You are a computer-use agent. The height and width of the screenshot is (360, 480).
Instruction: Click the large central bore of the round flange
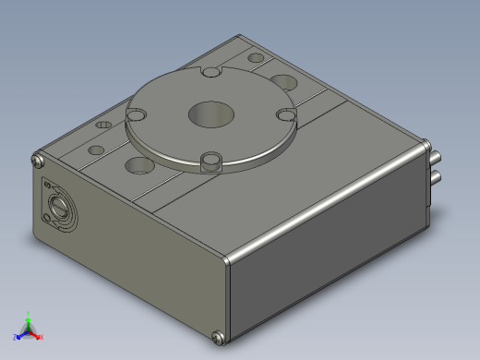[211, 114]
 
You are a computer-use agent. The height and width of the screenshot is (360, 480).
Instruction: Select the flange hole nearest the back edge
[211, 72]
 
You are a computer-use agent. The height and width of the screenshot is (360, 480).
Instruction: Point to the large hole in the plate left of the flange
[139, 166]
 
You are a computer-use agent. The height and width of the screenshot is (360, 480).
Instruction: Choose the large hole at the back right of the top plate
[283, 80]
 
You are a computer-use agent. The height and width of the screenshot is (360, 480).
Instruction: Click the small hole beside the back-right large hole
[256, 58]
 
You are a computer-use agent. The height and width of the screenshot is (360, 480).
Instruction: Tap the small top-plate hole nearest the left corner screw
[94, 150]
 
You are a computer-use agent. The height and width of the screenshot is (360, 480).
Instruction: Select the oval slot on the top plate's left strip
[103, 122]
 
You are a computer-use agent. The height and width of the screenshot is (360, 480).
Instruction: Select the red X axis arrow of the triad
[40, 337]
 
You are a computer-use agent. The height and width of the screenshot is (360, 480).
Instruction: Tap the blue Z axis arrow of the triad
[18, 336]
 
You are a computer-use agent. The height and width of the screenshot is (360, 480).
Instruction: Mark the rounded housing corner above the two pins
[426, 143]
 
